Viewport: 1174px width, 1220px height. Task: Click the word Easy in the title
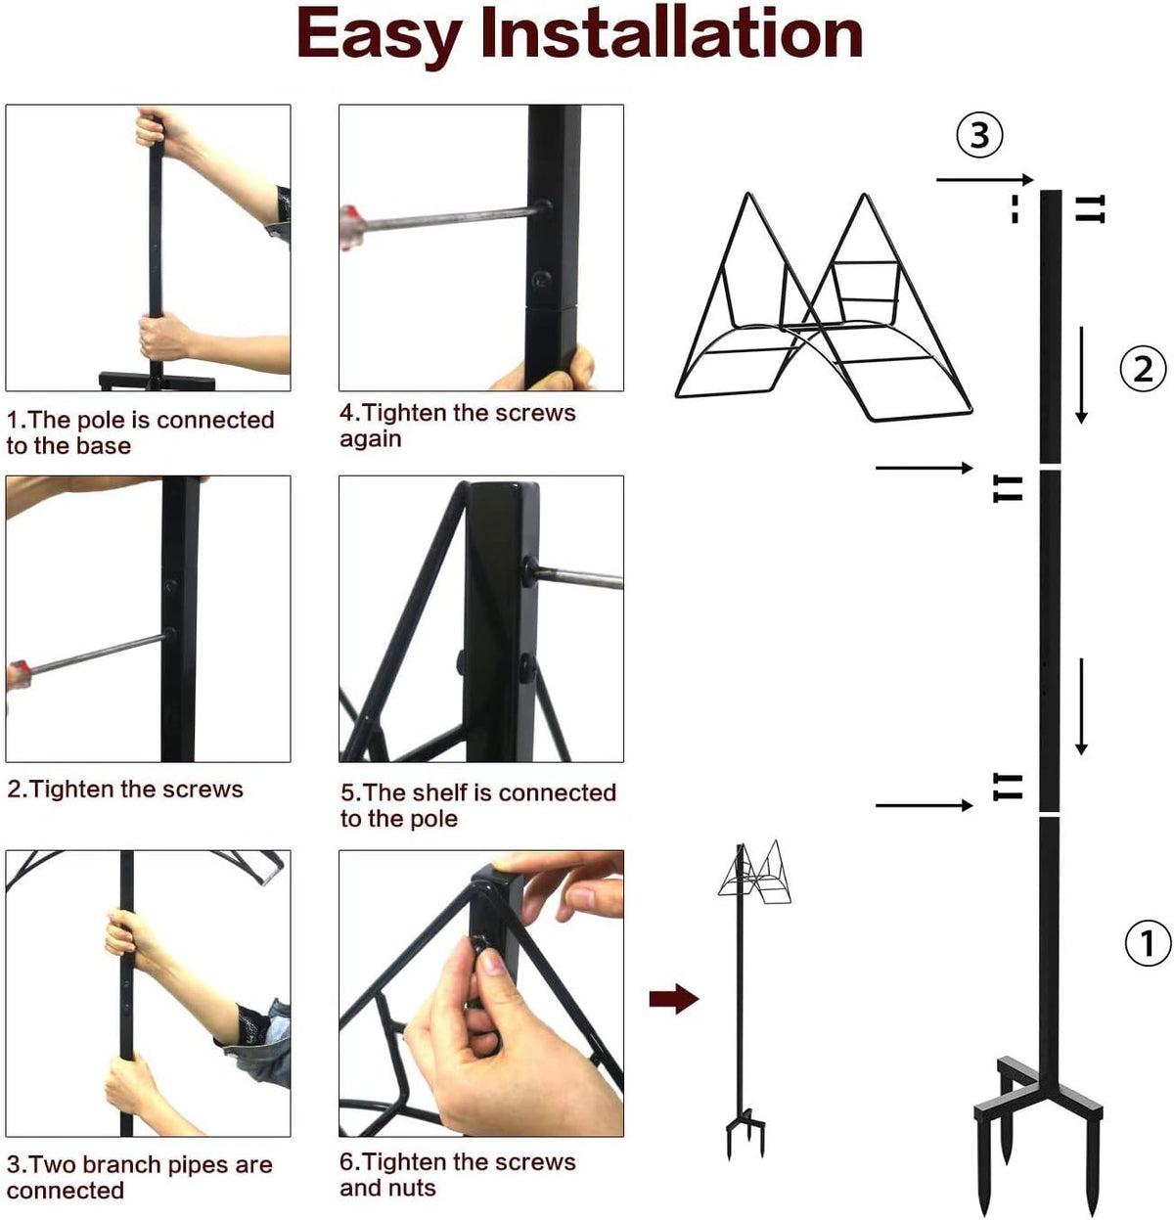[380, 36]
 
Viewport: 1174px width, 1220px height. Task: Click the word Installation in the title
[671, 33]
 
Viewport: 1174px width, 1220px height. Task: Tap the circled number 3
[979, 135]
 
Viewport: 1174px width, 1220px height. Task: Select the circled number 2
[1143, 369]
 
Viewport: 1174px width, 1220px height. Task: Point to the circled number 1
[1148, 942]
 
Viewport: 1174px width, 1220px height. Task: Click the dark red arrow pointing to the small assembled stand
[674, 998]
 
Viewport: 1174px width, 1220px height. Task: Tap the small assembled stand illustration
[749, 998]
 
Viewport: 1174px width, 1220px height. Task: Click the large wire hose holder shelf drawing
[823, 306]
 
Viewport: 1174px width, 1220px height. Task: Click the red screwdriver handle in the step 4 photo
[352, 228]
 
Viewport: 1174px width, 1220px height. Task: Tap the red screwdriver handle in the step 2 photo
[19, 675]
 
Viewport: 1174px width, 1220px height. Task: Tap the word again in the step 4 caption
[370, 439]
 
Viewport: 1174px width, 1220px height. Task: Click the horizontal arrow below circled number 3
[985, 180]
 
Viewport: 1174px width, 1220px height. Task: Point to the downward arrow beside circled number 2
[1081, 375]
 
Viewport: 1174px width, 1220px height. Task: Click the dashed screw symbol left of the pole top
[1015, 208]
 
